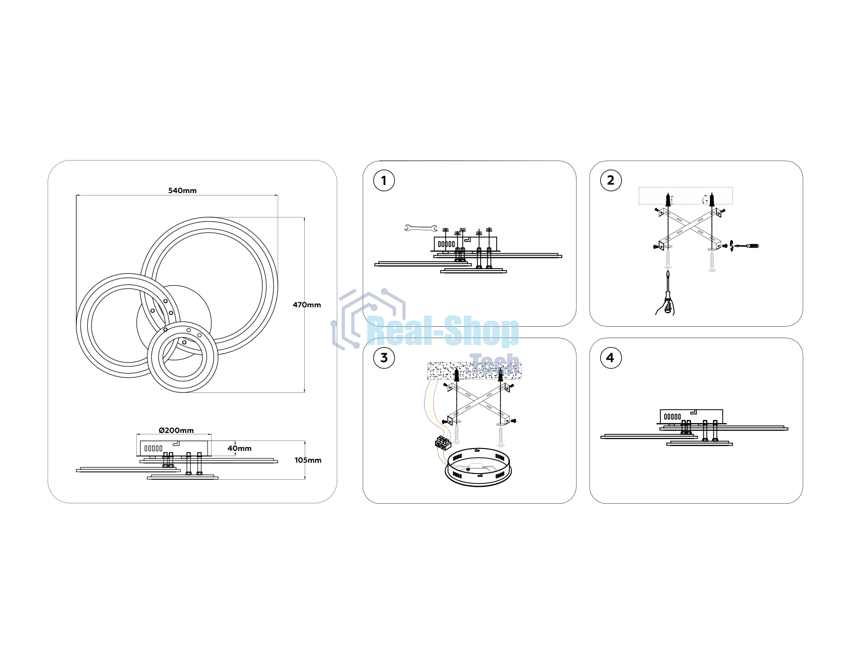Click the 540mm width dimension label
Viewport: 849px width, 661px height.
click(x=183, y=191)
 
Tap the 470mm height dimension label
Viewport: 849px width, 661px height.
click(x=307, y=305)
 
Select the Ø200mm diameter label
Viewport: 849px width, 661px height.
click(x=176, y=431)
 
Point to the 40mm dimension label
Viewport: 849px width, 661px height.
click(x=240, y=449)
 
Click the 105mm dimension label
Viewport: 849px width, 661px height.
click(x=308, y=460)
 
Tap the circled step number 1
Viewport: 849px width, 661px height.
click(x=384, y=181)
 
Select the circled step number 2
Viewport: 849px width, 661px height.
click(x=611, y=180)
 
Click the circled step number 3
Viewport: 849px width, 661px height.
click(x=384, y=358)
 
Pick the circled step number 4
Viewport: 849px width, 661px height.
click(x=611, y=358)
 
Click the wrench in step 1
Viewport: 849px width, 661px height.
click(x=421, y=229)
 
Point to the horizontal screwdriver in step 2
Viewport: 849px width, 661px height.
click(x=744, y=246)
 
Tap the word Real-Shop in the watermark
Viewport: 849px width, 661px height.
click(x=443, y=332)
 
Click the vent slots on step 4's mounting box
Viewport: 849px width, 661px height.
click(x=672, y=417)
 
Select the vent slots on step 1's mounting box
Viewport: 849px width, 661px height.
click(x=446, y=244)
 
